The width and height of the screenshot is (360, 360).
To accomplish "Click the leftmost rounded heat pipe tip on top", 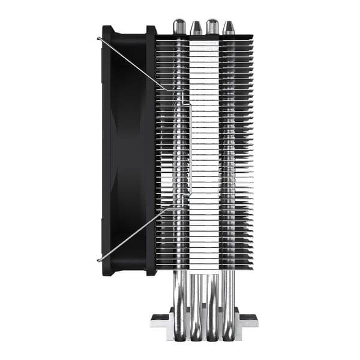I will (179, 26).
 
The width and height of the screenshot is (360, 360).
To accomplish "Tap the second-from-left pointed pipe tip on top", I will (196, 28).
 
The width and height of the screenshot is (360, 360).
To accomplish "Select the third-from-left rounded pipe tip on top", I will (212, 26).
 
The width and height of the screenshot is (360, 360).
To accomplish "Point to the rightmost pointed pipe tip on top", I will (229, 28).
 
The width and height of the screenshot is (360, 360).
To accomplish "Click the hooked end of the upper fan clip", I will (98, 39).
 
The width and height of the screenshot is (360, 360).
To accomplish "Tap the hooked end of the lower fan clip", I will (98, 259).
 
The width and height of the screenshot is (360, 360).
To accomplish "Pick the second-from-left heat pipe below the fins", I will (196, 294).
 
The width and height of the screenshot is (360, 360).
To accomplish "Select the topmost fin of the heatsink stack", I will (204, 37).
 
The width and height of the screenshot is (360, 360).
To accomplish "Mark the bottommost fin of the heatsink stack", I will (204, 267).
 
